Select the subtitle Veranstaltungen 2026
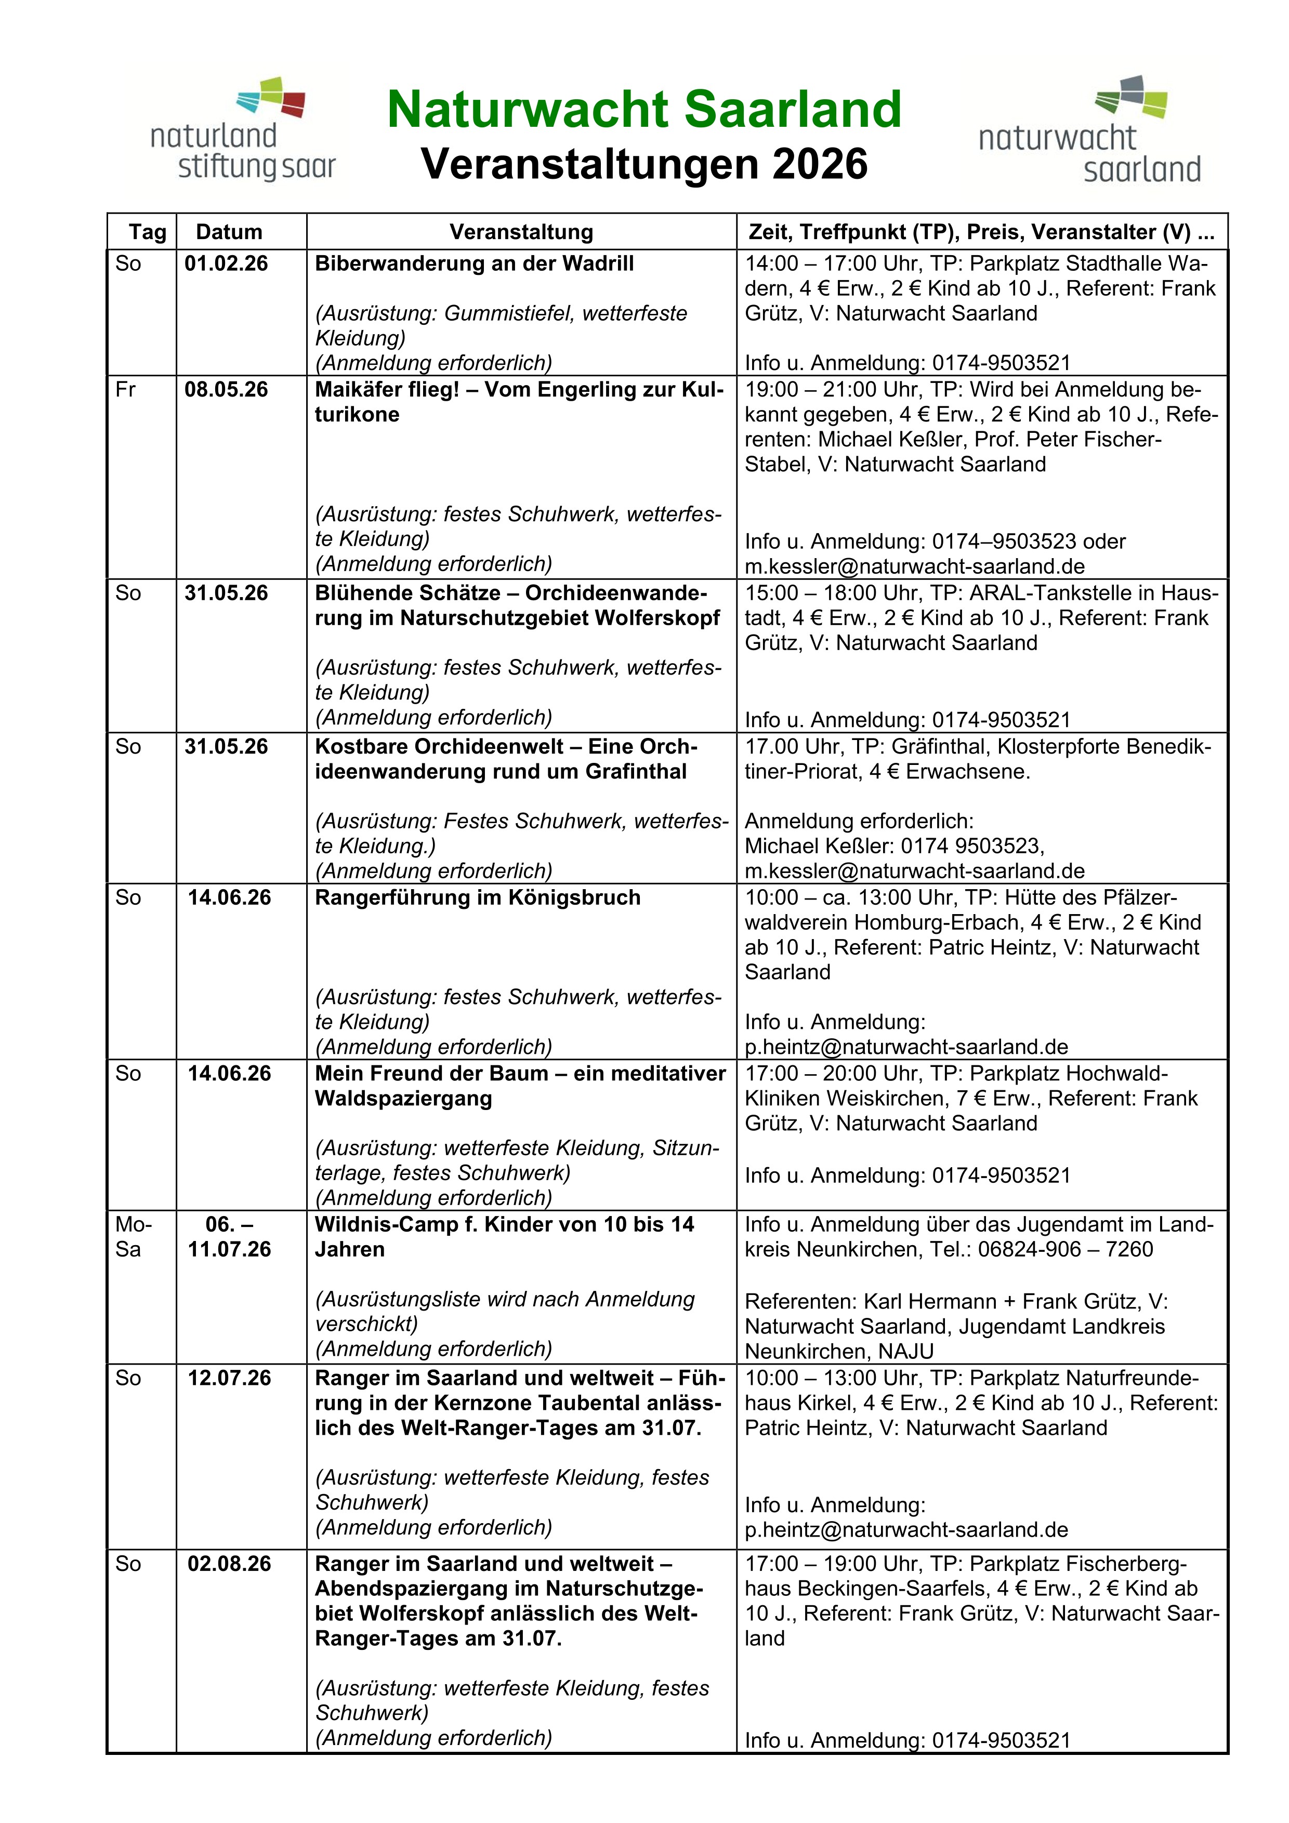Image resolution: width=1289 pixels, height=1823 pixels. pyautogui.click(x=643, y=164)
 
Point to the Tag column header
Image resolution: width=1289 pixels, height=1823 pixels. pyautogui.click(x=147, y=232)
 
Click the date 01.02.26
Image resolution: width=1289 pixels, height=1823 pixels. pyautogui.click(x=226, y=263)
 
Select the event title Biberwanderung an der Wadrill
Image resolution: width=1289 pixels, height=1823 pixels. pyautogui.click(x=474, y=263)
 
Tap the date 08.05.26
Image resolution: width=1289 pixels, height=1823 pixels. pyautogui.click(x=226, y=390)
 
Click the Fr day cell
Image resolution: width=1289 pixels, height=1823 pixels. pyautogui.click(x=125, y=390)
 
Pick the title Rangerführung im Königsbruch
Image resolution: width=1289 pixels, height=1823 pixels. pyautogui.click(x=477, y=898)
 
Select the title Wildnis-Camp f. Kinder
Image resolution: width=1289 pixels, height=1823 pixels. pyautogui.click(x=504, y=1225)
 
